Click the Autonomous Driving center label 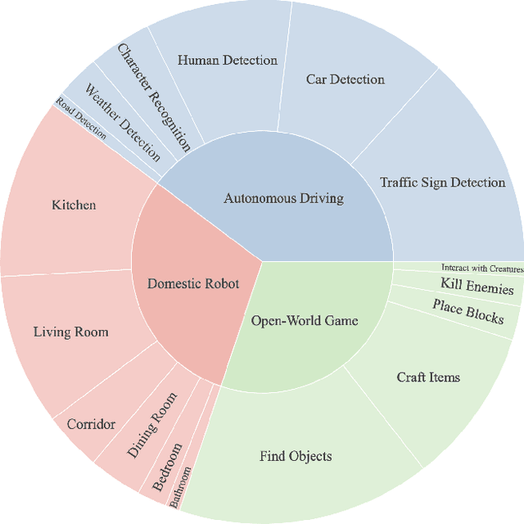tap(283, 198)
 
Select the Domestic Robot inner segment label tap(193, 283)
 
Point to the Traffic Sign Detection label tap(442, 182)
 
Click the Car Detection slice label tap(345, 79)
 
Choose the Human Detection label tap(227, 60)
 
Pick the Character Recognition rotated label tap(154, 97)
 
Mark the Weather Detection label tap(123, 122)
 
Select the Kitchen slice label tap(74, 205)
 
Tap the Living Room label tap(70, 332)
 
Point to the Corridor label tap(91, 424)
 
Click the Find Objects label tap(296, 455)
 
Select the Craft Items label tap(428, 377)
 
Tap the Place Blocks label tap(468, 310)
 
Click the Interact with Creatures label tap(481, 268)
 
